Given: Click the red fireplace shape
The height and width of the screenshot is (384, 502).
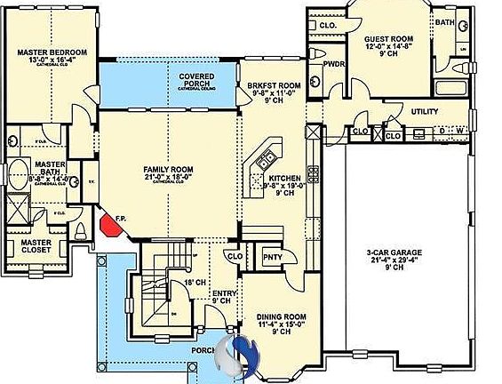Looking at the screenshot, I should coord(109,223).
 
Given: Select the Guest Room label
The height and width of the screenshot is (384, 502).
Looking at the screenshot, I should coord(389,39).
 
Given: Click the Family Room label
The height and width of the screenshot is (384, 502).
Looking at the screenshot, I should coord(168,169).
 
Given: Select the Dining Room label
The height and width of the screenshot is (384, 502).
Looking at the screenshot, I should coord(282,316).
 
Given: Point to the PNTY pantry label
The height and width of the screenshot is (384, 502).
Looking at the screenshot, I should coord(272,257).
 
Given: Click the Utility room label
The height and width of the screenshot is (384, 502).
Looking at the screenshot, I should coord(425,111).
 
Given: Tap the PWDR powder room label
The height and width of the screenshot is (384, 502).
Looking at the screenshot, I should coord(334,64).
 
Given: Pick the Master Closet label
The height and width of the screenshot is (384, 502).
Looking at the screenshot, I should coord(36,246).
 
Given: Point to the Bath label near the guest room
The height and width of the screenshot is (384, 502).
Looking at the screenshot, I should coord(444,21).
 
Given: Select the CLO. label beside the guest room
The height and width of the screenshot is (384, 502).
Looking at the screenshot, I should coord(327,25).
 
